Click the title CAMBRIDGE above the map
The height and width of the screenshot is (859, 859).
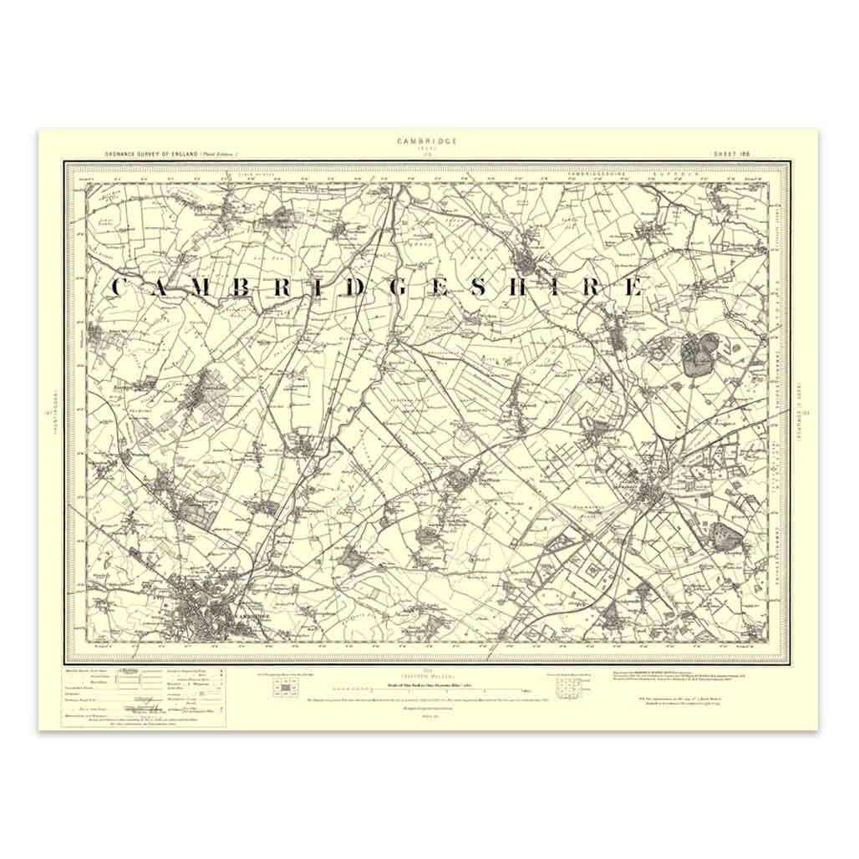coord(427,141)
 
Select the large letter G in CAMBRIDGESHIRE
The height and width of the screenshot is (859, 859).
coord(396,287)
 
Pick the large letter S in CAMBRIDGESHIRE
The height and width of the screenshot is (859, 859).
coord(480,287)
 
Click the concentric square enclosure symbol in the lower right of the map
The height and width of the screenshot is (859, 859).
coord(594,575)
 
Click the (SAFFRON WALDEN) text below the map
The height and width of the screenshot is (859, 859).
coord(428,675)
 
